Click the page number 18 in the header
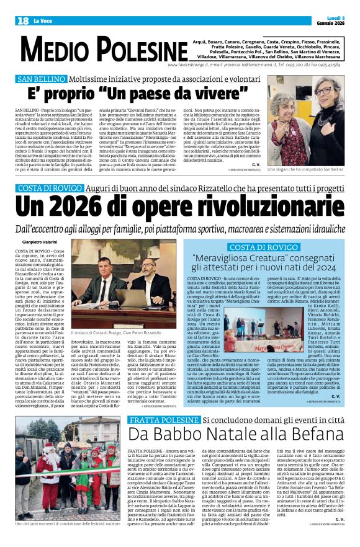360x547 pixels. [x=22, y=20]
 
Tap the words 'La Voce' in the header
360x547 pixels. [x=43, y=20]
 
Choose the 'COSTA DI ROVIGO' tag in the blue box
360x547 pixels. [x=264, y=247]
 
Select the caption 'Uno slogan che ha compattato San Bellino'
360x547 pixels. [x=305, y=169]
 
